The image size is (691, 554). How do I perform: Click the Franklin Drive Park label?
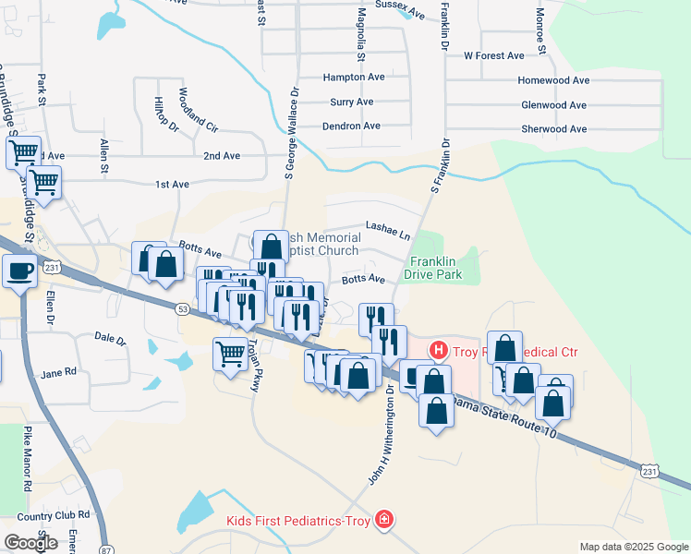435,268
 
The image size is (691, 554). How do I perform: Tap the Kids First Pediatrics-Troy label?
300,521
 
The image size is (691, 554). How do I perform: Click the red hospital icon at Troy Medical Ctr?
439,350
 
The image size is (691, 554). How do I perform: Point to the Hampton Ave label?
353,78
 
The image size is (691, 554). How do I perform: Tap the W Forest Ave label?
494,55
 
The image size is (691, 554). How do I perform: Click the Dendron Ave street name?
351,126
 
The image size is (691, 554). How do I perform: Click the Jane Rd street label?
58,374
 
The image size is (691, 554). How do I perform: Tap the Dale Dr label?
110,339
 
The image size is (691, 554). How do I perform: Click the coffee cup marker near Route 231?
20,270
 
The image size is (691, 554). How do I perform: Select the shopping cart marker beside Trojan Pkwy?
231,352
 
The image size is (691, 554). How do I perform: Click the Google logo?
30,543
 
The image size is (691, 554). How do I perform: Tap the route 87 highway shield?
105,548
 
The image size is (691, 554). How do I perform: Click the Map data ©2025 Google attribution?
633,547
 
